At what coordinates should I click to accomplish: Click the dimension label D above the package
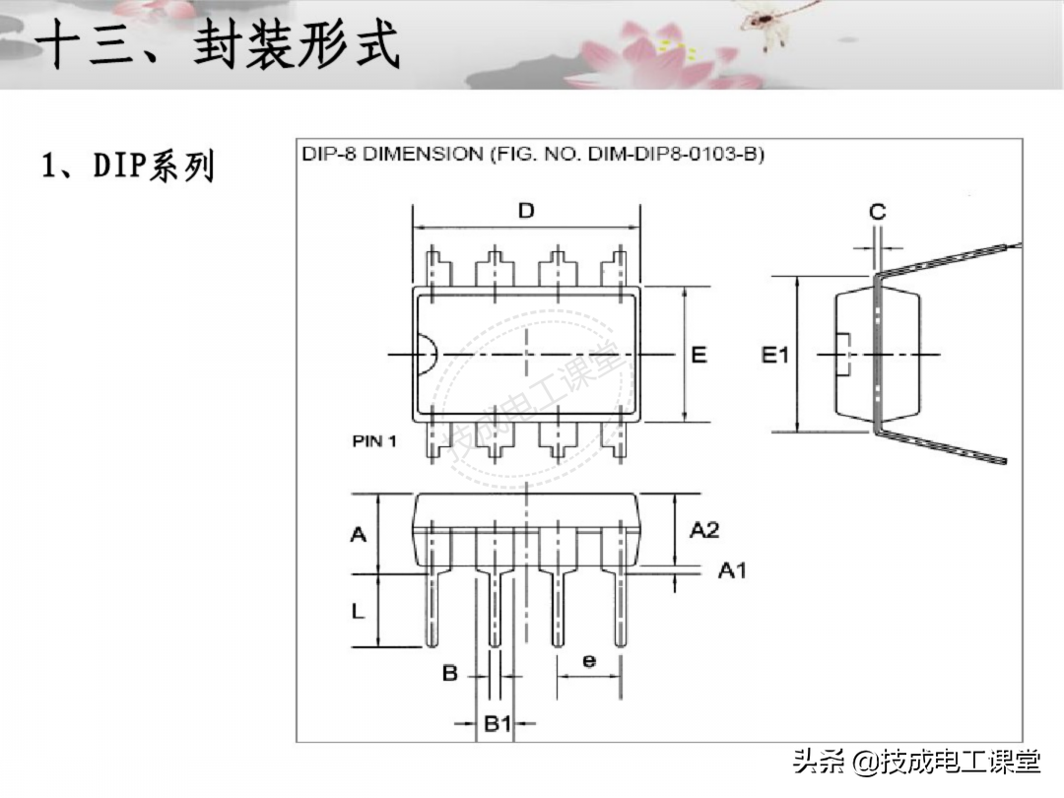(526, 210)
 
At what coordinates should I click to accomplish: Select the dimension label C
(877, 211)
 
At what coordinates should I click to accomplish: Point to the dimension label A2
(703, 530)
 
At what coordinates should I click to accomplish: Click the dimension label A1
(731, 570)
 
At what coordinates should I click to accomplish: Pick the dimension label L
(358, 611)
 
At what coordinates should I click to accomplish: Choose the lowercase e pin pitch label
(588, 660)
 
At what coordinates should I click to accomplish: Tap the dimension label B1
(498, 724)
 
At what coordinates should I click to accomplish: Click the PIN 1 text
(374, 441)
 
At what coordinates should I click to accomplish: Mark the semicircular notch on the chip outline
(426, 355)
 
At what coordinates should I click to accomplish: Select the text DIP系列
(127, 166)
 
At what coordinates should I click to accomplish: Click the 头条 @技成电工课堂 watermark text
(916, 762)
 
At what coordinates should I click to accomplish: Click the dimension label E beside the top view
(698, 355)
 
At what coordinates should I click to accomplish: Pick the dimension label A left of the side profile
(359, 534)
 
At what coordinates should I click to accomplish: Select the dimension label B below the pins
(449, 674)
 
